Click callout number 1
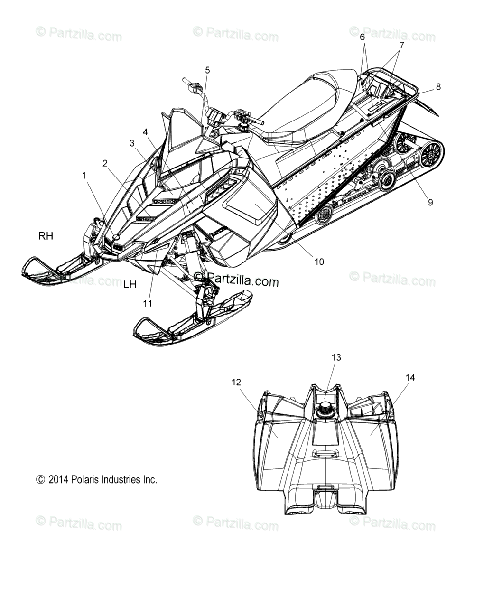[84, 176]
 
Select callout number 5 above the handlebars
[207, 70]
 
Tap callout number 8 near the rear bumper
[438, 87]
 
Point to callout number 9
[430, 202]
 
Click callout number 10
[319, 262]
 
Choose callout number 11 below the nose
[147, 303]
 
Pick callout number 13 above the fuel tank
[336, 357]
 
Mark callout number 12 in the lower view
[236, 382]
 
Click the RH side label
[46, 236]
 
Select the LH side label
[130, 285]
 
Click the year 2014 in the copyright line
[58, 479]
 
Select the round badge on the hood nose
[116, 237]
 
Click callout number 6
[362, 37]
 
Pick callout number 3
[132, 143]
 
